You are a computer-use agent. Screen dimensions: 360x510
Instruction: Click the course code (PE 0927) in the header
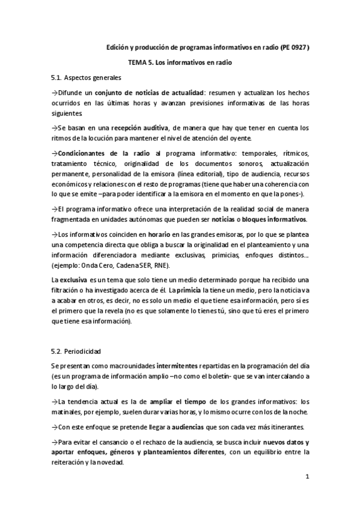pyautogui.click(x=294, y=47)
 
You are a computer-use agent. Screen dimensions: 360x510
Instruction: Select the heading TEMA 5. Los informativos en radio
pyautogui.click(x=180, y=63)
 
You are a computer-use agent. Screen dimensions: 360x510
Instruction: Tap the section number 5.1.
pyautogui.click(x=58, y=78)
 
